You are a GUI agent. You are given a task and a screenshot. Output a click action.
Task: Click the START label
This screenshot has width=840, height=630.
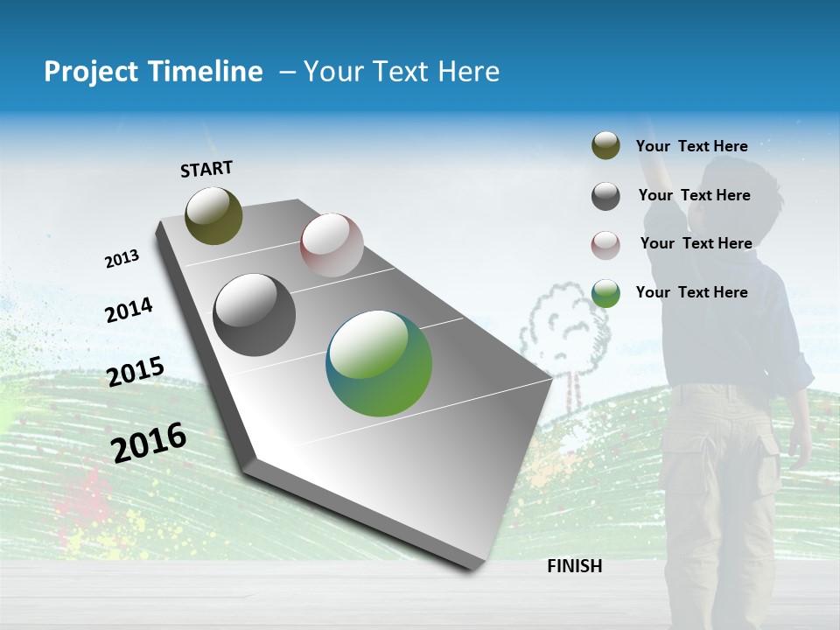pyautogui.click(x=206, y=169)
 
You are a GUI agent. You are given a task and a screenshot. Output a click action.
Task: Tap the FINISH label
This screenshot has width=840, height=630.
pyautogui.click(x=574, y=566)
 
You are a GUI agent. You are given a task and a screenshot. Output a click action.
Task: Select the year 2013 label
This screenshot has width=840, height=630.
pyautogui.click(x=122, y=259)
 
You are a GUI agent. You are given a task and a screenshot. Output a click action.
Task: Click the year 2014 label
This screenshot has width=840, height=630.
pyautogui.click(x=129, y=311)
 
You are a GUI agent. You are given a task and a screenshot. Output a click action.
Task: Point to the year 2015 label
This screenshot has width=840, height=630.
pyautogui.click(x=135, y=372)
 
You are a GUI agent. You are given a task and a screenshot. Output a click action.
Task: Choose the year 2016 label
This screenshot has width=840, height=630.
pyautogui.click(x=149, y=443)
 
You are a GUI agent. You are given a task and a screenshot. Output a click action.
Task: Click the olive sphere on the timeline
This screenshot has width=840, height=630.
pyautogui.click(x=213, y=215)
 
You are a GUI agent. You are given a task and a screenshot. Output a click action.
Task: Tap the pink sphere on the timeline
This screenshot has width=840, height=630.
pyautogui.click(x=332, y=245)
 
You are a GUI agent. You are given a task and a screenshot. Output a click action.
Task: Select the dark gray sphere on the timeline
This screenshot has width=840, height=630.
pyautogui.click(x=255, y=315)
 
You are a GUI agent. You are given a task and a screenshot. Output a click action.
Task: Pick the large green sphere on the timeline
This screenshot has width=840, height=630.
pyautogui.click(x=379, y=363)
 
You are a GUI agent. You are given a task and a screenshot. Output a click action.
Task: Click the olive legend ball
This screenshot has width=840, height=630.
pyautogui.click(x=605, y=146)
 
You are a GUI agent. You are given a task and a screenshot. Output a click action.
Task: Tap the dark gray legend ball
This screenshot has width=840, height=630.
pyautogui.click(x=605, y=196)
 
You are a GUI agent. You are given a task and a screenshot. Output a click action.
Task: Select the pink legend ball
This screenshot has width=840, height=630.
pyautogui.click(x=605, y=245)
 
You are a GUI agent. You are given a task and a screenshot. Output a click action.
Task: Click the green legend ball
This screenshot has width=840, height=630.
pyautogui.click(x=605, y=293)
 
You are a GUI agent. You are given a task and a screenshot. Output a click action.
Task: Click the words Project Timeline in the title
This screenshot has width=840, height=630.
pyautogui.click(x=153, y=72)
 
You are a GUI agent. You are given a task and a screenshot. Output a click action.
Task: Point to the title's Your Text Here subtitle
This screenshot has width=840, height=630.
pyautogui.click(x=401, y=72)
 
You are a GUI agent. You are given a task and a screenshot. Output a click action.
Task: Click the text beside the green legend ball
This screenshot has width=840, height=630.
pyautogui.click(x=691, y=292)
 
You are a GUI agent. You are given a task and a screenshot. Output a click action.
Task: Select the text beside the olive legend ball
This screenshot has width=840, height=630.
pyautogui.click(x=691, y=146)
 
